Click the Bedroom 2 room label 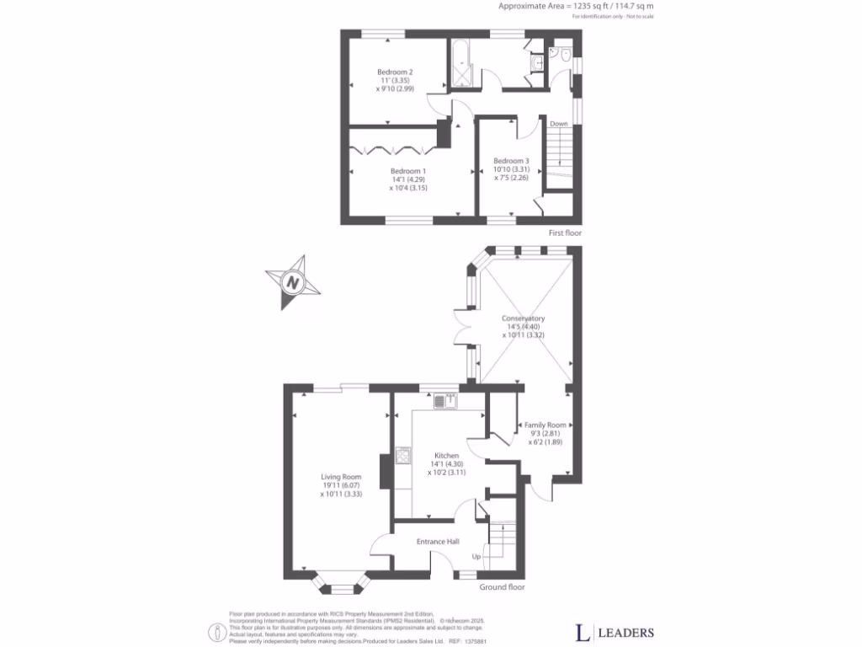388,72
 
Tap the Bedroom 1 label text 408,171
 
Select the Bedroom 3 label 511,161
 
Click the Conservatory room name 524,318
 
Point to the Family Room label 545,425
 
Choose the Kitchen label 446,456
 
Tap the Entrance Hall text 438,541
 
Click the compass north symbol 292,282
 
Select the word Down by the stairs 559,124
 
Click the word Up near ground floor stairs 476,557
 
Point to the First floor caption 564,233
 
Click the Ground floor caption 503,587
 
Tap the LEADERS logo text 626,633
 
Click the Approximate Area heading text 576,6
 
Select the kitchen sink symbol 444,401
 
